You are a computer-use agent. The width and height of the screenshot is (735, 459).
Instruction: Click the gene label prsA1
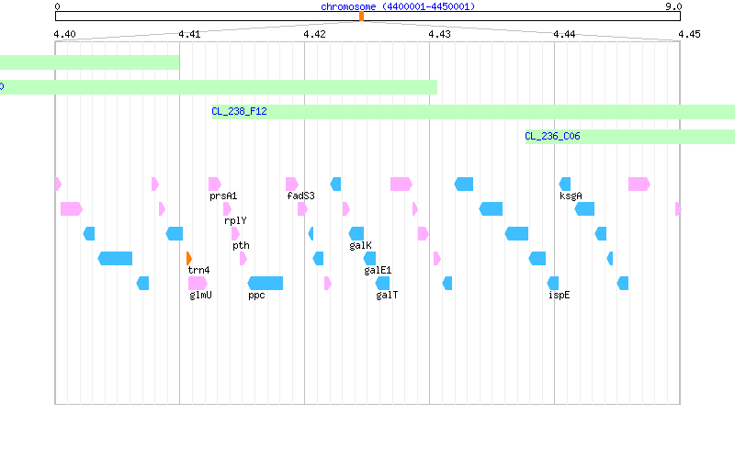click(x=223, y=196)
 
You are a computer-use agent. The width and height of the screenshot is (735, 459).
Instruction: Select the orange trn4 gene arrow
click(x=189, y=258)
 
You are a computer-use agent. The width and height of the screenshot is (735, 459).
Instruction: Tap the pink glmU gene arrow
click(x=198, y=283)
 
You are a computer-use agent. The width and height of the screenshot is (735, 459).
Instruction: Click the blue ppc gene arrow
click(x=265, y=283)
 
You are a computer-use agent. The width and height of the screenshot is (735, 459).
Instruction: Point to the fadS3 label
click(x=300, y=196)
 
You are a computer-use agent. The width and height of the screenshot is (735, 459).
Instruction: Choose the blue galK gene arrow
click(x=356, y=233)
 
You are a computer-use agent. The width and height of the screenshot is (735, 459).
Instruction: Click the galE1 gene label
click(x=378, y=270)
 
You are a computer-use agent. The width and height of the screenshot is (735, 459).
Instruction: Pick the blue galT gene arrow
click(x=382, y=283)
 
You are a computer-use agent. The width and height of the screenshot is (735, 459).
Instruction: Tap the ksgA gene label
click(x=571, y=196)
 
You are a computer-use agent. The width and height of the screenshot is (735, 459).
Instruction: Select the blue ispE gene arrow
click(x=553, y=283)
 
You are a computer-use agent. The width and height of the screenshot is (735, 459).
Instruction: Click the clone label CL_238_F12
click(x=239, y=111)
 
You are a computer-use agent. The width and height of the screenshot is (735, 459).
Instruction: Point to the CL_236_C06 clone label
click(x=552, y=136)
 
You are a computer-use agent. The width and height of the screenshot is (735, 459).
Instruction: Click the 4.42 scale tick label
click(x=314, y=34)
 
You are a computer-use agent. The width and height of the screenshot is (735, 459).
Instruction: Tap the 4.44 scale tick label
click(x=564, y=34)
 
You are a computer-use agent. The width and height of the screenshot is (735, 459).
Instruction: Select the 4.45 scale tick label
click(x=689, y=34)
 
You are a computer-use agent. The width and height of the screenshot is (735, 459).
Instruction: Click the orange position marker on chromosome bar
click(x=361, y=17)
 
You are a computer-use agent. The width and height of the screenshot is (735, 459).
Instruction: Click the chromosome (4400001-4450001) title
click(x=398, y=6)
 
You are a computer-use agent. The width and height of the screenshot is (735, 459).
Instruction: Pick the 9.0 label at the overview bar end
click(x=673, y=6)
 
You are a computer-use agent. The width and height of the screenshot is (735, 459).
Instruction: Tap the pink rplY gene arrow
click(x=227, y=208)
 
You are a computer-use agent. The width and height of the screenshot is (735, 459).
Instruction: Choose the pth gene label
click(x=241, y=245)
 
